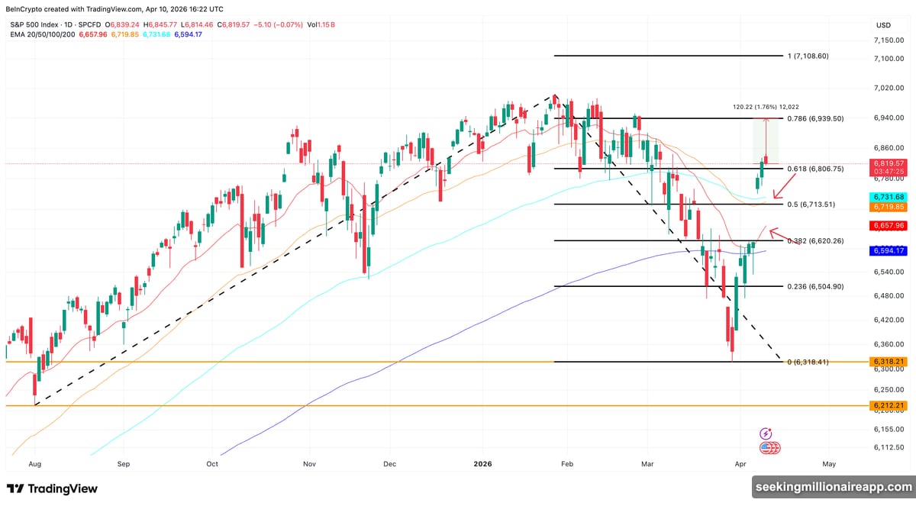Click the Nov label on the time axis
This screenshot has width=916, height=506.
(x=309, y=463)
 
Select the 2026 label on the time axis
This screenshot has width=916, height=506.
(x=484, y=463)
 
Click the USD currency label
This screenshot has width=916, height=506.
(x=883, y=24)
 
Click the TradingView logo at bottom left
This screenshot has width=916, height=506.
(x=53, y=488)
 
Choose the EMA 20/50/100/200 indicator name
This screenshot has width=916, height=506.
(x=43, y=35)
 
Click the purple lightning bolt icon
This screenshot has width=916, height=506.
(x=766, y=433)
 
